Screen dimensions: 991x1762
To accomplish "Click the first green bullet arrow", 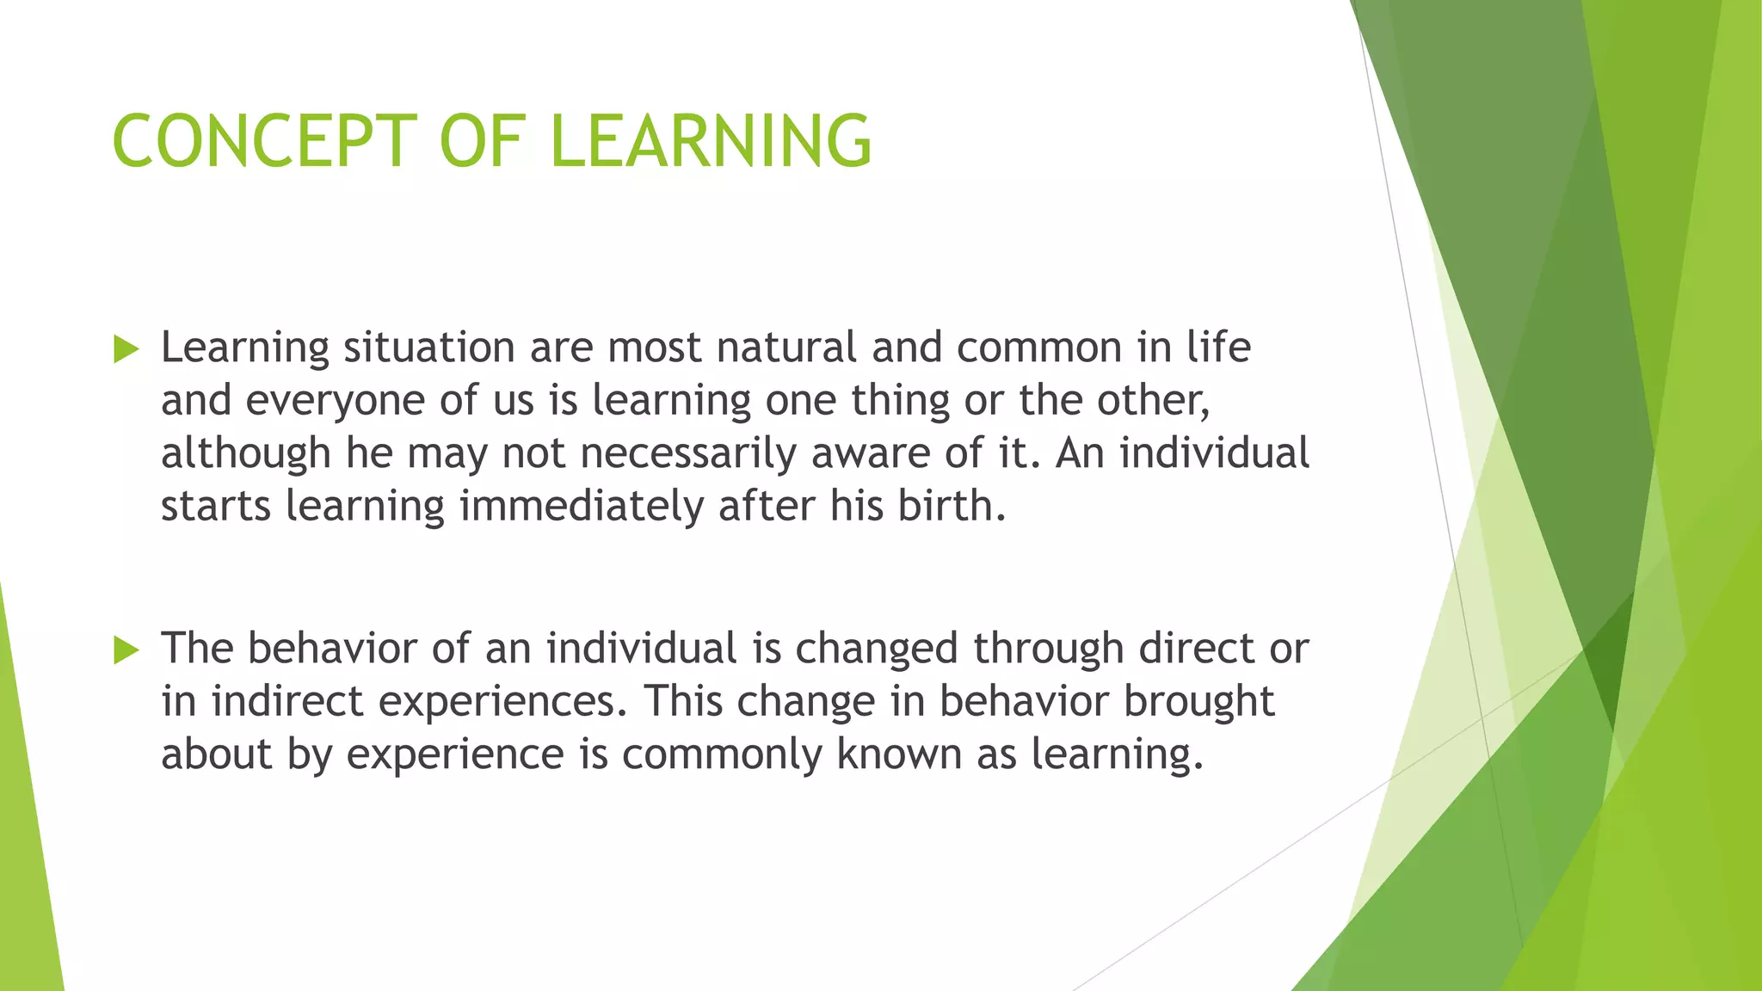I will pos(126,349).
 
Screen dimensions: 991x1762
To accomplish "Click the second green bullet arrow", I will pos(126,650).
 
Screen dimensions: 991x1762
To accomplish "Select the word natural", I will pos(786,348).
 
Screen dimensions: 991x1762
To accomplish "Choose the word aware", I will pos(870,453).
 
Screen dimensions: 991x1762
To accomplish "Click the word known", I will pos(898,754).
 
